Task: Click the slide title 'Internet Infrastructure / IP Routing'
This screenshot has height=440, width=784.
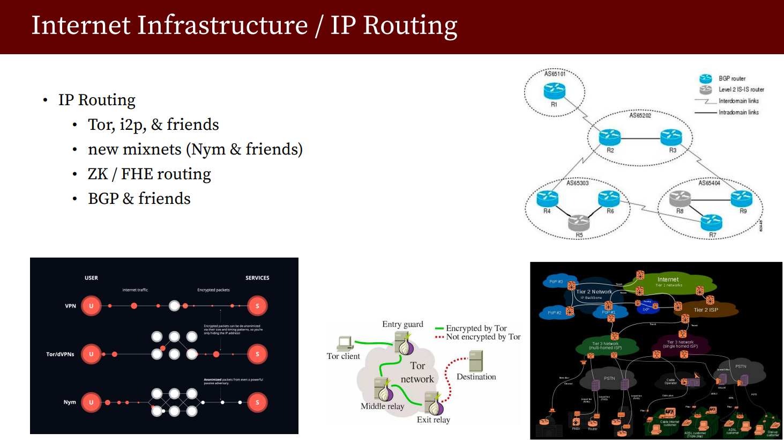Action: tap(244, 26)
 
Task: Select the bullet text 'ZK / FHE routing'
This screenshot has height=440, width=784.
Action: tap(149, 174)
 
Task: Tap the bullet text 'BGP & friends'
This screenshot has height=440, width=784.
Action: tap(139, 199)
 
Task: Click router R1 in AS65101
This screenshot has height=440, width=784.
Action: tap(554, 91)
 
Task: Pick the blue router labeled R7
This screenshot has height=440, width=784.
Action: tap(712, 221)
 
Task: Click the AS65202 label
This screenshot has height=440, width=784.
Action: tap(640, 115)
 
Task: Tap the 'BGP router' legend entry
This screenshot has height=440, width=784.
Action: tap(732, 78)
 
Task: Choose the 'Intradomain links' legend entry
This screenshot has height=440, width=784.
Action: tap(738, 112)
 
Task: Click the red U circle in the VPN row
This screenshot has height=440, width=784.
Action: tap(91, 306)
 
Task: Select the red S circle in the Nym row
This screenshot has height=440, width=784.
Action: tap(257, 402)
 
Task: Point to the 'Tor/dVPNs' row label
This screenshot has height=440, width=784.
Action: tap(60, 354)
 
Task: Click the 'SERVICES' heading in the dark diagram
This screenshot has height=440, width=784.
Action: tap(257, 278)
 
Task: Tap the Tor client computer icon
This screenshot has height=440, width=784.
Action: tap(345, 343)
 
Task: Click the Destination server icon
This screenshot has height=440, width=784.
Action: tap(476, 361)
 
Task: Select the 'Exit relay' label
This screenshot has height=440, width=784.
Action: tap(434, 420)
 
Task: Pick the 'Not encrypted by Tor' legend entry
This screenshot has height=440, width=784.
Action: tap(483, 337)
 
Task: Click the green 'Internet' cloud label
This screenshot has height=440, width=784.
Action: tap(668, 280)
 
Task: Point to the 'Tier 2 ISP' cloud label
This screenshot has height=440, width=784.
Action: tap(706, 310)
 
